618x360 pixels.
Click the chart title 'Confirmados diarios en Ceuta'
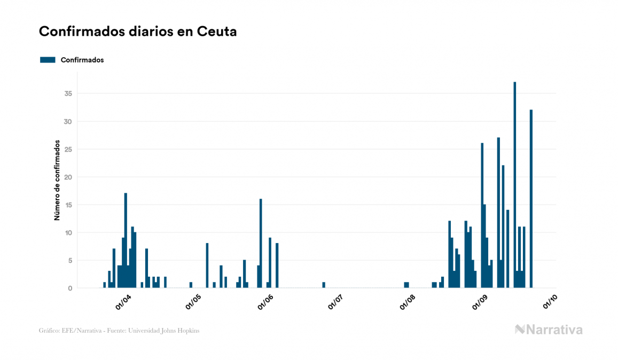click(x=138, y=32)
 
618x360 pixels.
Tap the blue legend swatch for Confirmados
click(x=48, y=60)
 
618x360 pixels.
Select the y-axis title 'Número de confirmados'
click(x=57, y=181)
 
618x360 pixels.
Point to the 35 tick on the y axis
click(x=68, y=93)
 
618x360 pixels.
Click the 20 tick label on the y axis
click(x=68, y=177)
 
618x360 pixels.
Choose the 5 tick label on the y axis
click(x=70, y=260)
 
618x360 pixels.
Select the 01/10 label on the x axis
click(x=550, y=302)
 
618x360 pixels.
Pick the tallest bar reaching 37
click(x=515, y=185)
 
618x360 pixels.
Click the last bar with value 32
click(x=531, y=199)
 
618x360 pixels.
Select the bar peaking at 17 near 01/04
click(x=126, y=240)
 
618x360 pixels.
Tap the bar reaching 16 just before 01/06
click(x=261, y=243)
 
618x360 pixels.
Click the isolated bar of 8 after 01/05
click(x=207, y=265)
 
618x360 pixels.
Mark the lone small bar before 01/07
click(x=324, y=285)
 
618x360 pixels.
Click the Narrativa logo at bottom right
click(x=549, y=330)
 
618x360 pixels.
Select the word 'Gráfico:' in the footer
click(x=49, y=331)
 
